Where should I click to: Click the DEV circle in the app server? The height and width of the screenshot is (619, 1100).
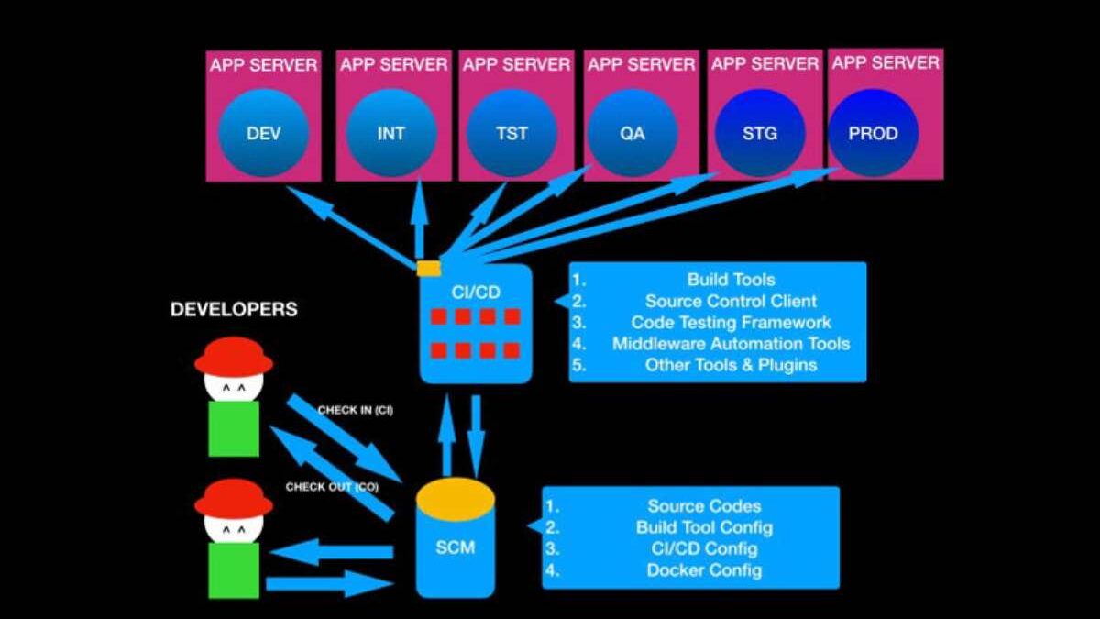(x=264, y=133)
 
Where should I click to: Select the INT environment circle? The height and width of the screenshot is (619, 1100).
(x=391, y=133)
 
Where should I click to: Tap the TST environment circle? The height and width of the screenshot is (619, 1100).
(x=511, y=133)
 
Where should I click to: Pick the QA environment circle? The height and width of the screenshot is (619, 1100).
(x=632, y=133)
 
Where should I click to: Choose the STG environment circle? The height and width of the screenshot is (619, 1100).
(x=759, y=133)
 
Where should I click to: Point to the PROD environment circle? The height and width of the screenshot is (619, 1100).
(x=873, y=133)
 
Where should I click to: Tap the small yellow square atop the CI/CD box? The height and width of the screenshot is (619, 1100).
(x=428, y=268)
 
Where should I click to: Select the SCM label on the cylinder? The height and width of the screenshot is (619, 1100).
(x=456, y=549)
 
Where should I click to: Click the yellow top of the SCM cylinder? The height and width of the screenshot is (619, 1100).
(x=456, y=496)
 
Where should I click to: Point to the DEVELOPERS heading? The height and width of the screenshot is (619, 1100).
(x=234, y=310)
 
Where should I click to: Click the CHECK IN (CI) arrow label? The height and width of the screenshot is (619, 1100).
(x=355, y=410)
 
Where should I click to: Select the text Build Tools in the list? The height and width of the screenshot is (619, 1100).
(x=731, y=280)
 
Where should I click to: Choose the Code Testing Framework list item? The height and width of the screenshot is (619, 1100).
(x=731, y=323)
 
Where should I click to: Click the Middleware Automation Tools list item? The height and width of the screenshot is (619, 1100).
(x=731, y=344)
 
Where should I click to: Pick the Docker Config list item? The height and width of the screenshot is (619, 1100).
(x=704, y=570)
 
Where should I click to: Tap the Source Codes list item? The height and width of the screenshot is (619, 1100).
(x=704, y=506)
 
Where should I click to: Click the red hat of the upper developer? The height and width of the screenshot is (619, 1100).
(x=234, y=356)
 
